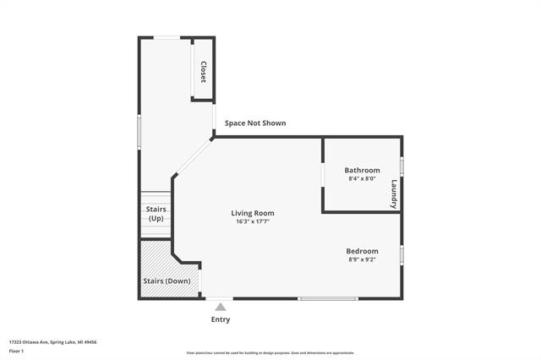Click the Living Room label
(253, 213)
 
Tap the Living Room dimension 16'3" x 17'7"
(253, 221)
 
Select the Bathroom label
(362, 170)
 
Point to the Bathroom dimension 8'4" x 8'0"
(362, 178)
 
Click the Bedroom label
(362, 251)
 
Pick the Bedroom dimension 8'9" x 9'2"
(362, 259)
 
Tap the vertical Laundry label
(394, 194)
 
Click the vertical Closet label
(203, 71)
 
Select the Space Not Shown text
(254, 123)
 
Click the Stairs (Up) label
(156, 214)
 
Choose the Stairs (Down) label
(167, 281)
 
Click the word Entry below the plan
(220, 319)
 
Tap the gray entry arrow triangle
(220, 307)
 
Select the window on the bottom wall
(328, 298)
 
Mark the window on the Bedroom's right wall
(402, 254)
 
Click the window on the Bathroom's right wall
(402, 166)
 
